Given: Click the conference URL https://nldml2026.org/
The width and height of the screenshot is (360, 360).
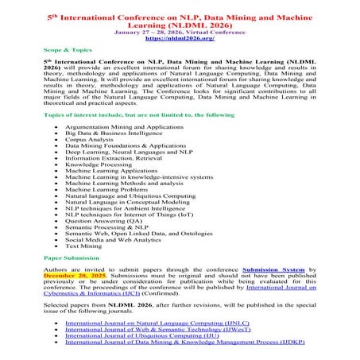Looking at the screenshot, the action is pyautogui.click(x=179, y=37).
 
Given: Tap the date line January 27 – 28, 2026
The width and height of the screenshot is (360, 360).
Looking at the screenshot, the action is pyautogui.click(x=179, y=30).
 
